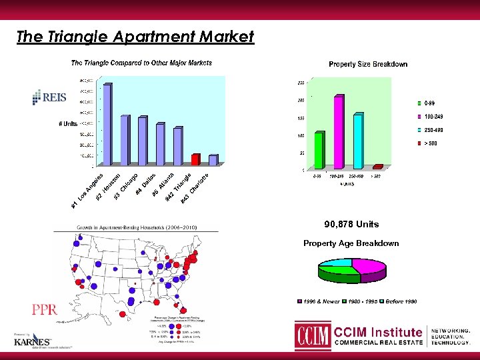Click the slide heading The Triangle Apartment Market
click(135, 37)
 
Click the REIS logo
click(49, 97)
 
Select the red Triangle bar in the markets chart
click(195, 160)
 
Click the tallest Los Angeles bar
click(107, 124)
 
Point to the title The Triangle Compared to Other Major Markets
click(142, 63)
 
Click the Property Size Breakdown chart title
click(368, 64)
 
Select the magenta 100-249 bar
click(339, 133)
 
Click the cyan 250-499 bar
click(358, 141)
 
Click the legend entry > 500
click(429, 143)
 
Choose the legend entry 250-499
click(432, 129)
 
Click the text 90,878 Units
click(351, 224)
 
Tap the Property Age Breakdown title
click(351, 243)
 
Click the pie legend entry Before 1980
click(401, 302)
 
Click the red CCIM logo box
click(313, 336)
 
